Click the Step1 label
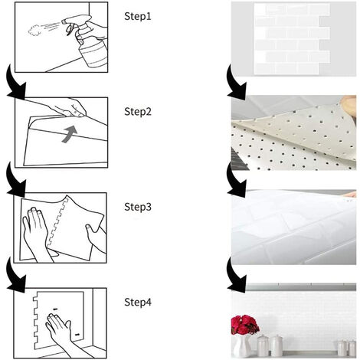(139, 15)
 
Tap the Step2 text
(139, 111)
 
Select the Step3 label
(139, 207)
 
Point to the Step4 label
(139, 303)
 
